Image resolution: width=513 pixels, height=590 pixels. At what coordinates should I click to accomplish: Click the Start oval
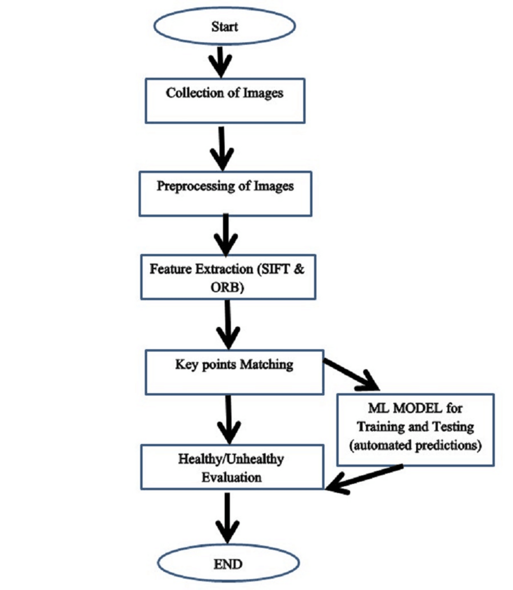(x=224, y=27)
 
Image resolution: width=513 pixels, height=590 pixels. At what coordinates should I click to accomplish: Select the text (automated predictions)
(x=415, y=446)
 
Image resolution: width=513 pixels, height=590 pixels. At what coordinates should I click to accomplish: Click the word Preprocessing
(x=194, y=186)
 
